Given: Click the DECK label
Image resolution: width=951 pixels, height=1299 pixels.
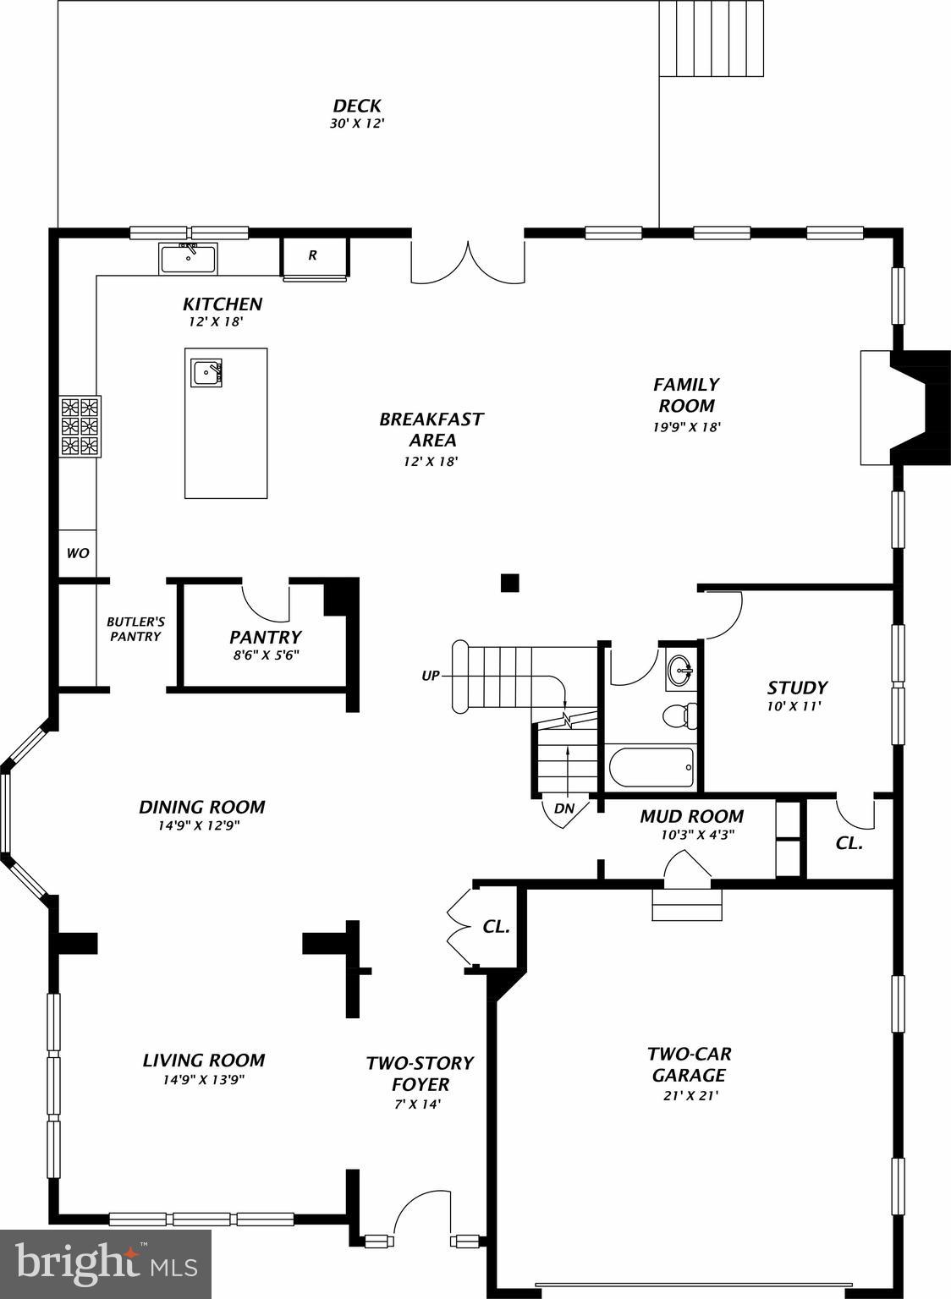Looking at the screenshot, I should [356, 106].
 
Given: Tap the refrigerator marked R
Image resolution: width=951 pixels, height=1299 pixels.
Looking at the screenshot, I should [313, 255].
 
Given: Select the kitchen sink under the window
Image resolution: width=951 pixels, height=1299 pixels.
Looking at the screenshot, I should [188, 257].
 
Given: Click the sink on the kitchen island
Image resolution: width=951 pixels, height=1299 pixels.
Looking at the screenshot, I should [206, 373].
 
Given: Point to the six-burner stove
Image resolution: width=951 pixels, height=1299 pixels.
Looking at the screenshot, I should [80, 426].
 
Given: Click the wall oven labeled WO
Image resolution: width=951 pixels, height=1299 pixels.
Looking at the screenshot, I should [77, 553].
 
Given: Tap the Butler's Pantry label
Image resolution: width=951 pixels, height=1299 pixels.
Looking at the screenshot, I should [135, 628].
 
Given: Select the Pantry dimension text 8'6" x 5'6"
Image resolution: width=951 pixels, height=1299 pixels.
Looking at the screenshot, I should [265, 655].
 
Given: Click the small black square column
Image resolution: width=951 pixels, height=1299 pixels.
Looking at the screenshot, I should [509, 583].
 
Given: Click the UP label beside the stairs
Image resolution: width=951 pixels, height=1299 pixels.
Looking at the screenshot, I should [431, 676].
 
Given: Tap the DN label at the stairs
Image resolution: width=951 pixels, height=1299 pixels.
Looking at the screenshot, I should [564, 808].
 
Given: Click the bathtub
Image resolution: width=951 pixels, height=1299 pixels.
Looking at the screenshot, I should [651, 766].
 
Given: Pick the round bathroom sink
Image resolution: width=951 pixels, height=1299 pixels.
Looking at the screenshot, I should [679, 671].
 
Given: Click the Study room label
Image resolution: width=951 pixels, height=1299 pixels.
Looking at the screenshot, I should [796, 688].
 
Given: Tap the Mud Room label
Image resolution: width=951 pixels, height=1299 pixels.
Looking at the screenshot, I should [691, 816].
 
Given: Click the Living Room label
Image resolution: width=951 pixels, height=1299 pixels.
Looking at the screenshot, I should [203, 1060].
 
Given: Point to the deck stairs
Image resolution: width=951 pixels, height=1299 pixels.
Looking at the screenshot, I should [712, 38].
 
